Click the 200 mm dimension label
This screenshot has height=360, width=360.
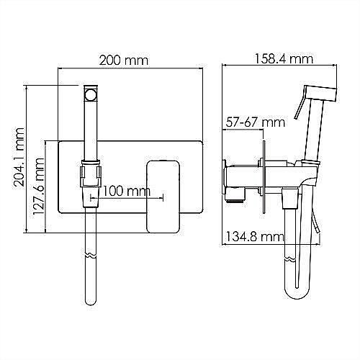tap(124, 60)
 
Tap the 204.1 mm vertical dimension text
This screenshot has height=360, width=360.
tap(19, 157)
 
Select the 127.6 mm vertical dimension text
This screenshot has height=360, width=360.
tap(38, 186)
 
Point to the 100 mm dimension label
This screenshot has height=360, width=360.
tap(127, 192)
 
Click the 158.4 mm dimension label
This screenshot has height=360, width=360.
tap(284, 59)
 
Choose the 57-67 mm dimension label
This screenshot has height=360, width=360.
tap(256, 122)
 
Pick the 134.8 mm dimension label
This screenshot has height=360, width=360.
tap(255, 237)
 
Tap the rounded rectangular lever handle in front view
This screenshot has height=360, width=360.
tap(163, 197)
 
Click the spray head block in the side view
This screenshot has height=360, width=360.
tap(320, 93)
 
